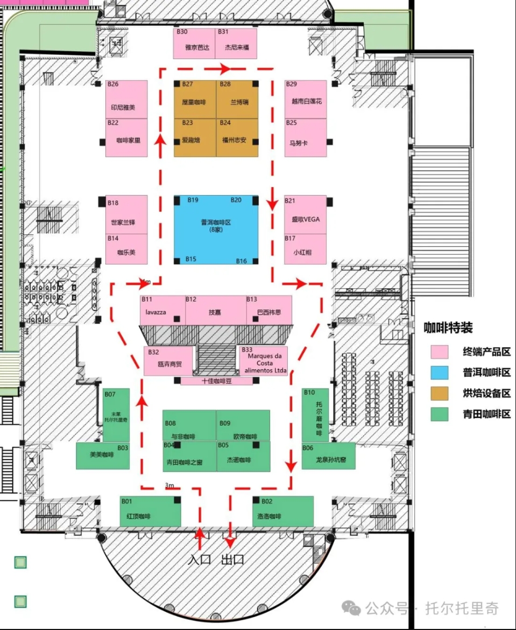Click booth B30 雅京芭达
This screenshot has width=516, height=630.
194,43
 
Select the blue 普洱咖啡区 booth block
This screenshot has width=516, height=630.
216,230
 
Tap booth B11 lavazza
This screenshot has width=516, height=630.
162,310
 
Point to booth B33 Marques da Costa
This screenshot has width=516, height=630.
263,360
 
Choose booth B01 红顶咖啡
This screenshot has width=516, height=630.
150,511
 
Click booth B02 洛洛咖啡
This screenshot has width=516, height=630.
283,511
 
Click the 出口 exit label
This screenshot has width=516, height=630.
233,559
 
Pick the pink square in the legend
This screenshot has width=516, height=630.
439,352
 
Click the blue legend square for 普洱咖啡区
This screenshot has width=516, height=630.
439,373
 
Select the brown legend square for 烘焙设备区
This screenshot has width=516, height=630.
439,393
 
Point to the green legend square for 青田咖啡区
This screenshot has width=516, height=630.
439,413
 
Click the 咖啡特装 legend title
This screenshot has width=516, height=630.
448,327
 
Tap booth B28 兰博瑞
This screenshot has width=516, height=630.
237,99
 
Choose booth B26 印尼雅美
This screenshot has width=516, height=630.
126,99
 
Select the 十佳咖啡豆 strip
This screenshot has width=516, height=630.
216,381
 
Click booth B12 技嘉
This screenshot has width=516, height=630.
215,310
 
